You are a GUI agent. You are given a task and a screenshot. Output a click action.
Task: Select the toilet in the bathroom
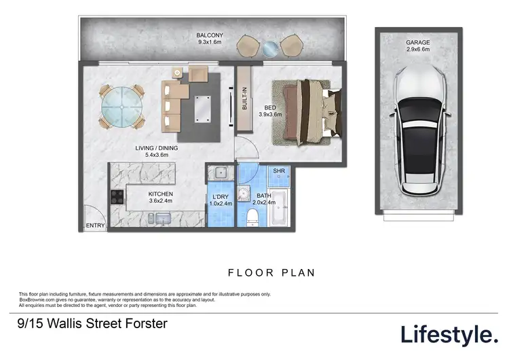(252, 216)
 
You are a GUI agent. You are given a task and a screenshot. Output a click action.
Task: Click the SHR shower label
(278, 171)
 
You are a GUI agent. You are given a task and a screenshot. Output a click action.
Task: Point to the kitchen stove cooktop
(116, 198)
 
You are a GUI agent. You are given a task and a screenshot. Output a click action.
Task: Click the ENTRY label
(94, 226)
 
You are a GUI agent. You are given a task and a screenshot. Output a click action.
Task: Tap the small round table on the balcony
(271, 48)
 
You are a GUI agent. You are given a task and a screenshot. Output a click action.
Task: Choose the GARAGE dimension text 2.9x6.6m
(419, 49)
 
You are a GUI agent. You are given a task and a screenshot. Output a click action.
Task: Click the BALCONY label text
(210, 35)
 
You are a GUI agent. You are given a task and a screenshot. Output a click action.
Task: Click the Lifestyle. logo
(449, 334)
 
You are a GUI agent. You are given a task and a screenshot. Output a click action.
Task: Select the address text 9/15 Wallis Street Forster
(91, 324)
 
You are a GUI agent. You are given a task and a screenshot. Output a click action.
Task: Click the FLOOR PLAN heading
(271, 273)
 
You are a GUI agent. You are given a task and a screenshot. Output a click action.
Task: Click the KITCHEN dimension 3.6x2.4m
(162, 202)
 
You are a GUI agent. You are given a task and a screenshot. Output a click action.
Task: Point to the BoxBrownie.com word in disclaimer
(37, 300)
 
